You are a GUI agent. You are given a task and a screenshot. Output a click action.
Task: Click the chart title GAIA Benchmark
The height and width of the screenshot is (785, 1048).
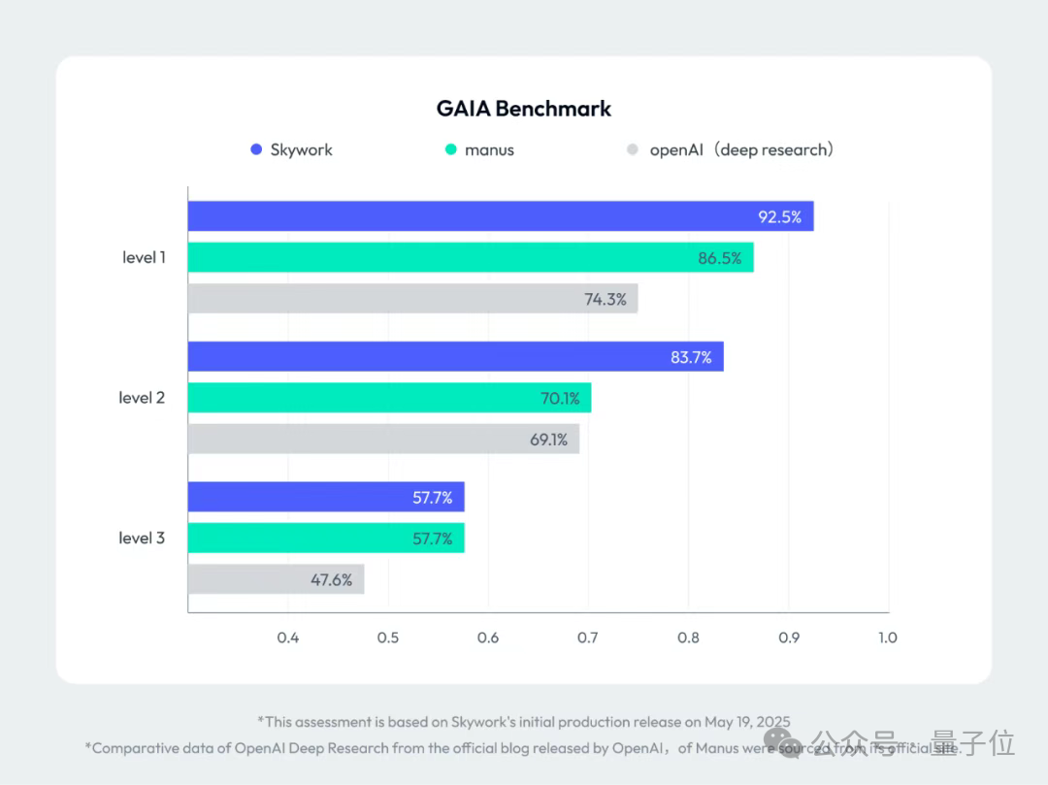click(524, 109)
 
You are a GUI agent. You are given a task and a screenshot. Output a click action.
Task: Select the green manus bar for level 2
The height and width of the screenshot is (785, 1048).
click(388, 398)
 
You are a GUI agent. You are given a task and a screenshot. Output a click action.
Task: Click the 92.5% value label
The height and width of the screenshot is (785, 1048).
click(779, 217)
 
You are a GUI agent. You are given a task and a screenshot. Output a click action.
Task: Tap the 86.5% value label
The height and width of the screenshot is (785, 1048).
click(719, 258)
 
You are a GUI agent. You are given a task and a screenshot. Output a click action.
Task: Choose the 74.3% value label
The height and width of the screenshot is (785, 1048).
click(605, 300)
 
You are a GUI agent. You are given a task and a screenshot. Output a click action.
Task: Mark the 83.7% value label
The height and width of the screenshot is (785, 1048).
click(691, 358)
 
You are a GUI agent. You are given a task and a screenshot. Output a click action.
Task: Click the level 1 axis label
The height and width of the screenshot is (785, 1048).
click(144, 258)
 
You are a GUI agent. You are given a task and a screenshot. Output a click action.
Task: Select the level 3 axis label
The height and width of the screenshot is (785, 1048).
click(142, 538)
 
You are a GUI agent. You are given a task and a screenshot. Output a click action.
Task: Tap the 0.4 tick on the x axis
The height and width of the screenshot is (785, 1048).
click(288, 638)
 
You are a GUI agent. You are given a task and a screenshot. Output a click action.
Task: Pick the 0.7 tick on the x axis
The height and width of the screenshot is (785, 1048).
click(588, 638)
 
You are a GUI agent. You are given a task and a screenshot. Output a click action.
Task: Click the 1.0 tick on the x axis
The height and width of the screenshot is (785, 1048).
click(887, 638)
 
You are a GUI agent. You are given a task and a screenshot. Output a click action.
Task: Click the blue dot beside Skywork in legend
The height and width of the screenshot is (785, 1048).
click(256, 150)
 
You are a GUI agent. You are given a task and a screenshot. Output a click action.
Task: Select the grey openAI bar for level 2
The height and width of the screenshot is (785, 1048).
click(383, 440)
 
